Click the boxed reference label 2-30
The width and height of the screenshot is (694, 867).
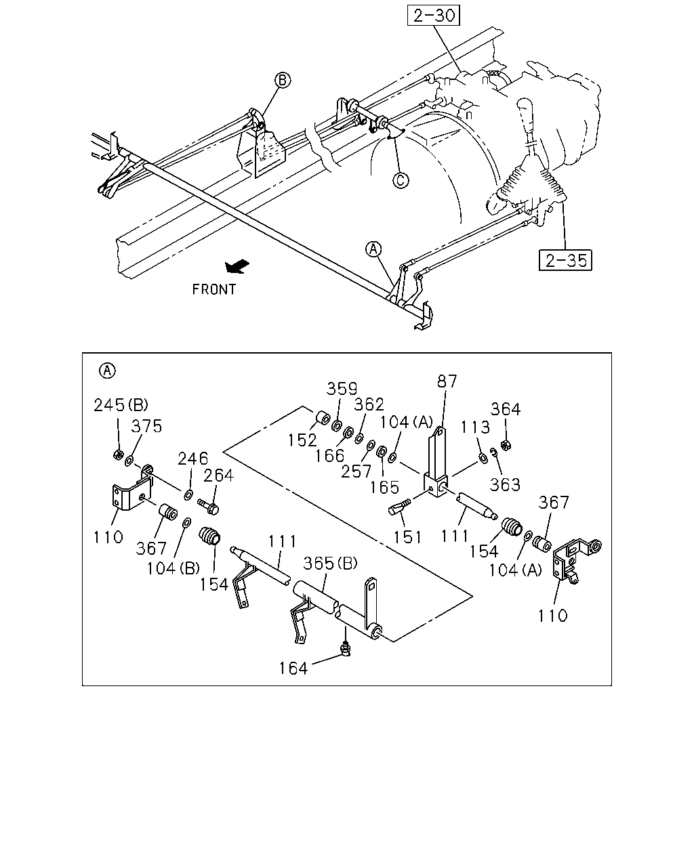pos(433,16)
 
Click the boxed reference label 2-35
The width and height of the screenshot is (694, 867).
pos(565,260)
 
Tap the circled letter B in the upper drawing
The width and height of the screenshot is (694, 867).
pos(283,80)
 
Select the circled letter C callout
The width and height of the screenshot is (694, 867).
pos(401,180)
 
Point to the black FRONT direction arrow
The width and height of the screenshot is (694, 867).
pos(237,266)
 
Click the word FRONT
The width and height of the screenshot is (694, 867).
pos(213,289)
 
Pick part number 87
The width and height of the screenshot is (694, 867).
pos(447,381)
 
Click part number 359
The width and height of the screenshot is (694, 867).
pos(342,389)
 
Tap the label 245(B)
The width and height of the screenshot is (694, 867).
pos(121,405)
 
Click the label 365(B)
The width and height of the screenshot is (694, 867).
pos(330,564)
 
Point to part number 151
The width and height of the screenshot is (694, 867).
pos(407,537)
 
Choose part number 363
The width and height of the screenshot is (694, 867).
pos(505,485)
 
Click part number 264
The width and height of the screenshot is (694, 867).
pos(218,475)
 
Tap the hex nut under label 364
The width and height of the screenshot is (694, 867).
pos(504,445)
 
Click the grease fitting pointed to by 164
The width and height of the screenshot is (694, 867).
pos(345,648)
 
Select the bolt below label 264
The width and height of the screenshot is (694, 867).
pos(209,507)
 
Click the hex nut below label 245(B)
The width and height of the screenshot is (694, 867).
pos(118,454)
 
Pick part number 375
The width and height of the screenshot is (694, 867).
pos(146,426)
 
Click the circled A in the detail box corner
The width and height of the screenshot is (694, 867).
pos(107,371)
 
